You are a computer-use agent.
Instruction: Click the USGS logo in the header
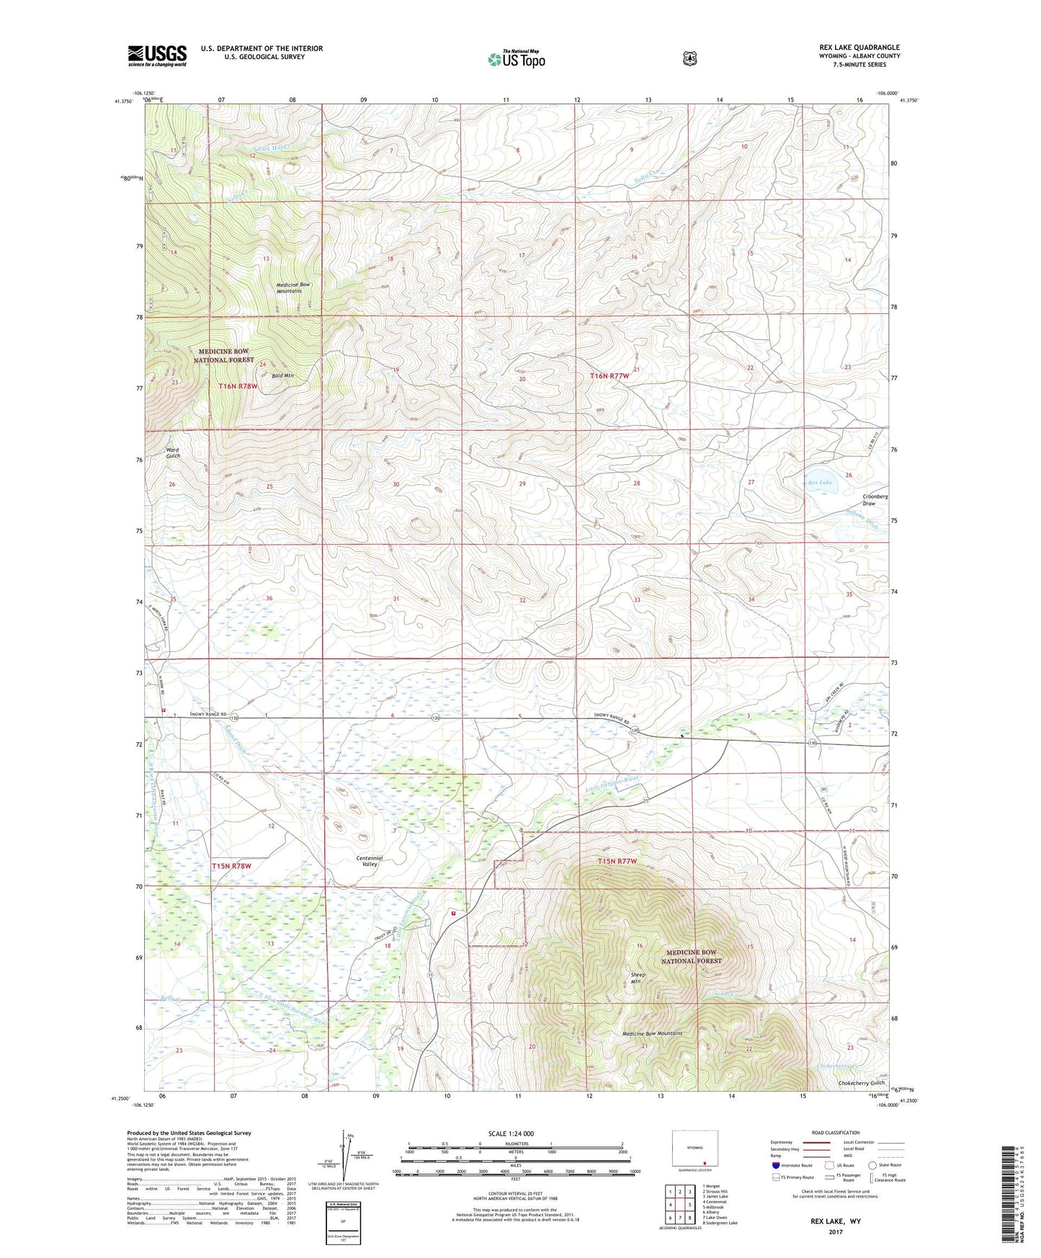(157, 55)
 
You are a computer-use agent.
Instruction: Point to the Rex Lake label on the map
(820, 482)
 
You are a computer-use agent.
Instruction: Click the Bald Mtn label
(283, 375)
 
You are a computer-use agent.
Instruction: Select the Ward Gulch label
(173, 452)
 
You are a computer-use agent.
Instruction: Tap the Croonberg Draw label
(875, 499)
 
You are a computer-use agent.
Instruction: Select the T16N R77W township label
(615, 376)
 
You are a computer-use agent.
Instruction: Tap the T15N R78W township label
(232, 865)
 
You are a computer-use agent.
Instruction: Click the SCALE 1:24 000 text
(511, 1133)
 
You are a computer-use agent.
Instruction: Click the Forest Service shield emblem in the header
(690, 58)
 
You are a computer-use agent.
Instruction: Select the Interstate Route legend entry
(792, 1165)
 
